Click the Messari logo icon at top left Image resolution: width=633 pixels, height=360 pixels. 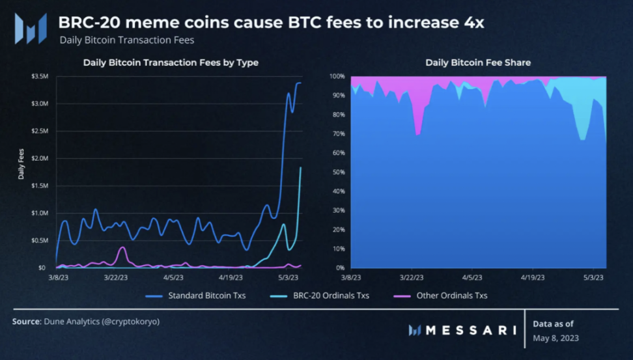pos(31,28)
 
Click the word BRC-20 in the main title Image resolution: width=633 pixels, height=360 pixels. pos(87,23)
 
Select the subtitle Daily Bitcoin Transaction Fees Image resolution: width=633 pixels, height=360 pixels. pos(126,40)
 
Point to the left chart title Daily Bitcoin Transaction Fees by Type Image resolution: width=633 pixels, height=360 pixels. pos(171,63)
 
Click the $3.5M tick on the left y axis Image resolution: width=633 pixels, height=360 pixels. pos(40,76)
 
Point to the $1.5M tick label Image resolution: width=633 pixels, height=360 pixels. pos(40,186)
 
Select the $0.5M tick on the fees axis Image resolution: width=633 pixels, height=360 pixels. pos(40,240)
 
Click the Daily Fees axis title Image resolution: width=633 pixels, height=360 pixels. pos(21,166)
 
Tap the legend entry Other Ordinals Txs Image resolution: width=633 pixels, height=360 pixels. pos(453,296)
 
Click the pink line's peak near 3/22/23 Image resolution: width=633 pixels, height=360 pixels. pos(122,247)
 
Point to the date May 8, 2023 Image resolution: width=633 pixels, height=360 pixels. pos(556,338)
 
